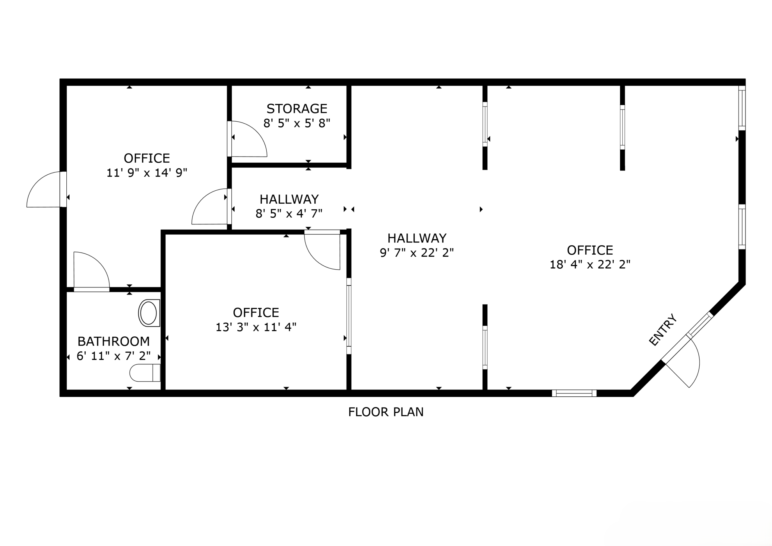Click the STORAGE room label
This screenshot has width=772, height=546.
click(x=297, y=109)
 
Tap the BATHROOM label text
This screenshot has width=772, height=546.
click(x=114, y=341)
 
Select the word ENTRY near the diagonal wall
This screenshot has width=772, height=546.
click(x=663, y=330)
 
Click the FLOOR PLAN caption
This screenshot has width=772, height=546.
click(x=386, y=412)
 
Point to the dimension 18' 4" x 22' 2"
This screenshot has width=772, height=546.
click(x=590, y=265)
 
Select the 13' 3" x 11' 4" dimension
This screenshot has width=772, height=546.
click(x=256, y=327)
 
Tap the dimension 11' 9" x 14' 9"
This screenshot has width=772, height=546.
click(x=147, y=173)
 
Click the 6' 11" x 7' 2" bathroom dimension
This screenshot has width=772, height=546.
click(x=114, y=356)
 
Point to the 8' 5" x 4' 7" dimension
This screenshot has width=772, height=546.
click(x=289, y=213)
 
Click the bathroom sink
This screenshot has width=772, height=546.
click(x=149, y=313)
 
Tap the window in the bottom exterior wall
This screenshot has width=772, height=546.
click(x=574, y=393)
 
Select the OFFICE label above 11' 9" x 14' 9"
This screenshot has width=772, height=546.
click(x=147, y=158)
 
